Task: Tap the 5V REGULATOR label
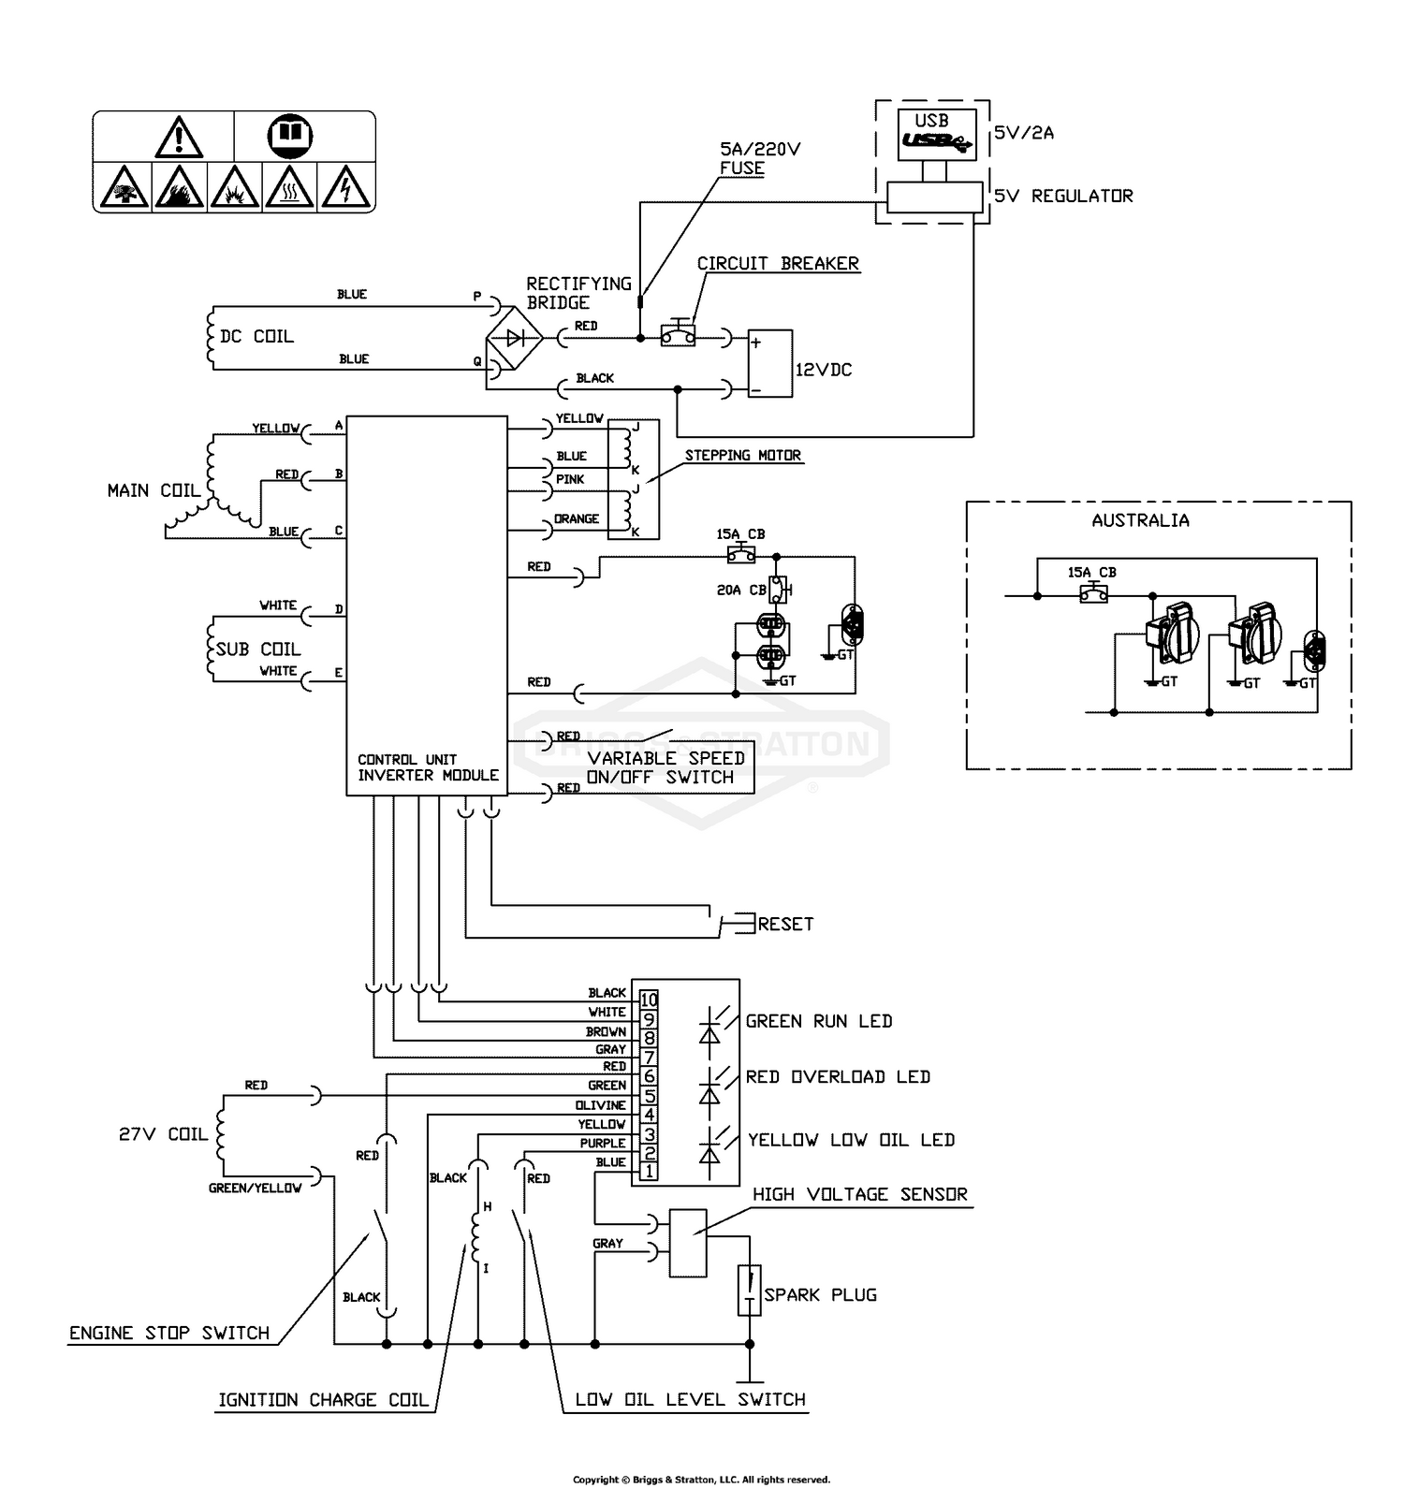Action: click(1063, 197)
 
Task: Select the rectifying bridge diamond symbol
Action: click(514, 338)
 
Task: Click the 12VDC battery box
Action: click(769, 363)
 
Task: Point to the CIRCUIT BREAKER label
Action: click(778, 264)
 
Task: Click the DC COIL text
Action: click(256, 337)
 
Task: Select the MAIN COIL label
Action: click(154, 490)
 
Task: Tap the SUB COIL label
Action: click(258, 649)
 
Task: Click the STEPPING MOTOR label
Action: click(743, 456)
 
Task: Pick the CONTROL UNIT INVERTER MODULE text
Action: click(428, 767)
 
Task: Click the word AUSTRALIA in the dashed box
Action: click(1140, 520)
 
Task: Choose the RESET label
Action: click(785, 925)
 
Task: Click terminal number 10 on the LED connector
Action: click(649, 1000)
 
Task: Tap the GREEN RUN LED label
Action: click(819, 1022)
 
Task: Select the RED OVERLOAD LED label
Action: click(838, 1077)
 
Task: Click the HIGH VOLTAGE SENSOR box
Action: click(688, 1243)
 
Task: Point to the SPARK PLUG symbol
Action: click(749, 1291)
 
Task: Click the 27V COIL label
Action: click(163, 1134)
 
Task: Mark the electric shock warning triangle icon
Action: click(345, 187)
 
